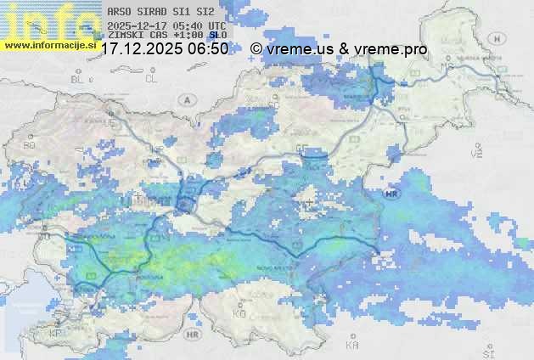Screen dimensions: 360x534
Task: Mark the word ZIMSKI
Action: point(124,36)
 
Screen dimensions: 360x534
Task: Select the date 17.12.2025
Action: point(141,49)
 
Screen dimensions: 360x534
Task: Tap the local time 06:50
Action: point(209,49)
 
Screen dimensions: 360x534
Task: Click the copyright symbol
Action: point(256,49)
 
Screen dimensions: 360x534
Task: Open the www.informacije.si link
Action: point(49,44)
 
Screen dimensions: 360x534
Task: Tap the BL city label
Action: point(79,78)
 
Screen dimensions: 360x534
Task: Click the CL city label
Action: point(151,78)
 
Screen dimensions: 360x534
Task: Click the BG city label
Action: point(29,145)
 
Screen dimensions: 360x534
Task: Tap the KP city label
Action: point(56,334)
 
